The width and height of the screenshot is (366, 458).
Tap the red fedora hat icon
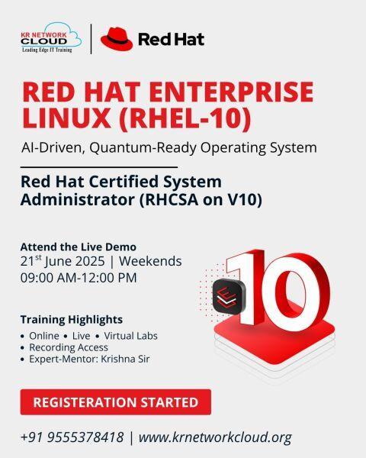[117, 39]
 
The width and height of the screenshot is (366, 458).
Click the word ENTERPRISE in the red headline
[233, 92]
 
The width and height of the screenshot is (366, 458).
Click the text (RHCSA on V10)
[201, 200]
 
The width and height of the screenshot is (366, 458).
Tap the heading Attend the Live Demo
[79, 247]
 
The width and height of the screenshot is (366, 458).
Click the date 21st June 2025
[63, 261]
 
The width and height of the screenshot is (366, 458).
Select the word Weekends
[150, 261]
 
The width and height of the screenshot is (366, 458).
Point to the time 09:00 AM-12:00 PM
[79, 278]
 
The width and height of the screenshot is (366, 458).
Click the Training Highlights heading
[72, 320]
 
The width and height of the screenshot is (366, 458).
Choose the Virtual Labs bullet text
[130, 336]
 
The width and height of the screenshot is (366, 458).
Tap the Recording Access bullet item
[69, 347]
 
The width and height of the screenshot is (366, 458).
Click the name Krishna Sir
[125, 359]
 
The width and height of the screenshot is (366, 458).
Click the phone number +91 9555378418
[72, 437]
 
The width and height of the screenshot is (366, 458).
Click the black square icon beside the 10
[230, 297]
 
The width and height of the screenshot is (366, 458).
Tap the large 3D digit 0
[295, 292]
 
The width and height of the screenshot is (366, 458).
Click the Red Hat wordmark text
[171, 40]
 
